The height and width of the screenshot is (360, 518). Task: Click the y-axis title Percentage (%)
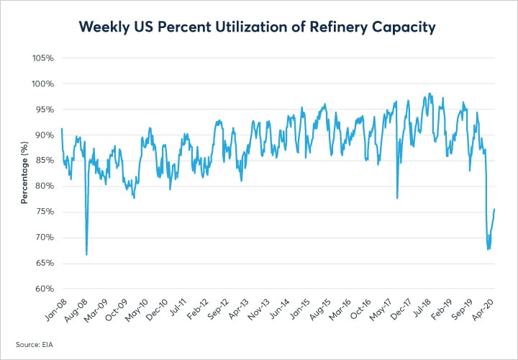[x=24, y=173]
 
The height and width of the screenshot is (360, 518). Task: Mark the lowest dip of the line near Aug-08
[x=86, y=254]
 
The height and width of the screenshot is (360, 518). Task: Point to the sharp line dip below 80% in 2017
[x=397, y=198]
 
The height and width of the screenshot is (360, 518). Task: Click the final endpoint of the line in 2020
[x=495, y=209]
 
